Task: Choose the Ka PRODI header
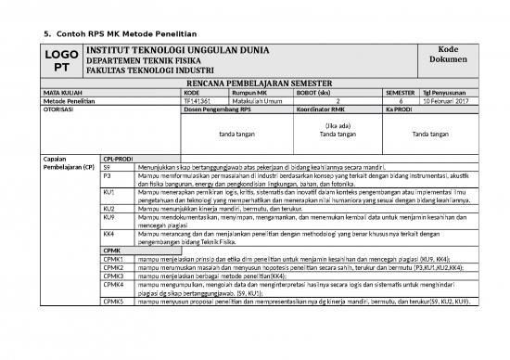400,110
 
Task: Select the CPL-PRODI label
118,158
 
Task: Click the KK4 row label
108,234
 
